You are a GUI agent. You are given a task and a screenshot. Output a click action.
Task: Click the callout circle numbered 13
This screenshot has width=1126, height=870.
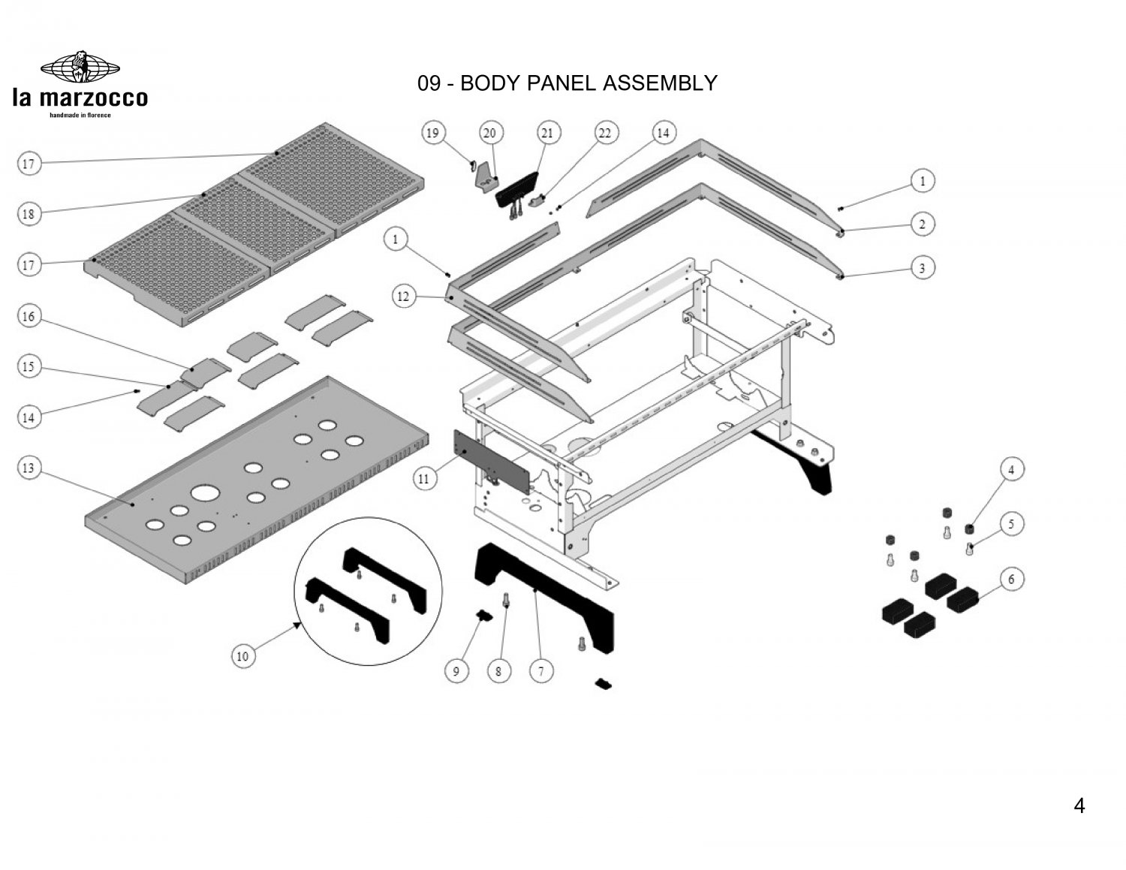(29, 468)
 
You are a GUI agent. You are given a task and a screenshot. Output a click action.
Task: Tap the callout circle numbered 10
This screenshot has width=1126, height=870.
(242, 657)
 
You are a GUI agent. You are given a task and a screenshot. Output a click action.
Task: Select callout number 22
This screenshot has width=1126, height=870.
(605, 133)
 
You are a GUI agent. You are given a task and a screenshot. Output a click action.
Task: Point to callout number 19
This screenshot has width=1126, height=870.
(432, 133)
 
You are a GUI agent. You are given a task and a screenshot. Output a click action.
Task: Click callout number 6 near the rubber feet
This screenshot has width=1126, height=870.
(1011, 579)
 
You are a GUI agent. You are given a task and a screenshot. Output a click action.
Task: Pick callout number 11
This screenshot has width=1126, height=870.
(424, 479)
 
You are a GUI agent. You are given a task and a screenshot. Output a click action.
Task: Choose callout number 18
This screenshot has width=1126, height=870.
(29, 213)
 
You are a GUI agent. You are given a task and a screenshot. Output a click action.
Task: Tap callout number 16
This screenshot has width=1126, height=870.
(29, 316)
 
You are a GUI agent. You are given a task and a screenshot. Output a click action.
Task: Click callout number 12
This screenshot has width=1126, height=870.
(403, 297)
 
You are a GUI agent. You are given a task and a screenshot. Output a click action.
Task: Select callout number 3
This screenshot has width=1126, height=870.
(923, 268)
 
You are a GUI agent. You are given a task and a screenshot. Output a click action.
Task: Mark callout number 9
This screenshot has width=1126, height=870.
(456, 672)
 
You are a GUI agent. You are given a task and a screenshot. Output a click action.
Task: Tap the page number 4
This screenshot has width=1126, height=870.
(1079, 806)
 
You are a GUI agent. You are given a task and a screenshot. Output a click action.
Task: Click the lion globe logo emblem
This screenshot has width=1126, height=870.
(80, 67)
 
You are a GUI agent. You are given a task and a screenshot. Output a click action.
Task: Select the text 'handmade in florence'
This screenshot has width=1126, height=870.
(80, 115)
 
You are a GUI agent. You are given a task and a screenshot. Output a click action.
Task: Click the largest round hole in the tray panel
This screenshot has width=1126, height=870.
(206, 492)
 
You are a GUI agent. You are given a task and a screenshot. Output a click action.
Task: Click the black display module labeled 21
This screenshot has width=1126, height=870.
(517, 190)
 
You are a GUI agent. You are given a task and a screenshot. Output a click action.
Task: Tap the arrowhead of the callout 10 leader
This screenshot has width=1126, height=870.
(299, 625)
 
